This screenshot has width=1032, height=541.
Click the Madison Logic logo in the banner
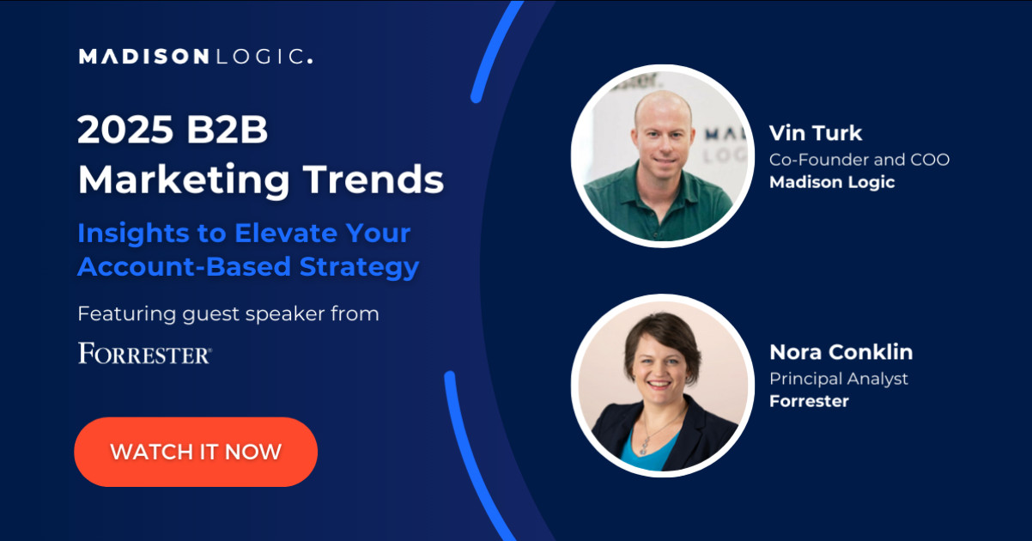pos(196,56)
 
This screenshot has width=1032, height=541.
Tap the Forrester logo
pos(144,353)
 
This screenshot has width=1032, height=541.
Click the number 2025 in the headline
pos(125,130)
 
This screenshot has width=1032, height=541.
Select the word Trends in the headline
pos(373,179)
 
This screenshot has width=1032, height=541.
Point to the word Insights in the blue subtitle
pos(133,234)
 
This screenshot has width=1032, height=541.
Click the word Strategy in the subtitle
pos(360,267)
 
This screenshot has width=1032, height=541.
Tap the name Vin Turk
pos(816,133)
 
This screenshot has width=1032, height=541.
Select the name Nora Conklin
pos(841,352)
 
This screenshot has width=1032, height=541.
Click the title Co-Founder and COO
pos(859,160)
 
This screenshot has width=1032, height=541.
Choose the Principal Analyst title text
pos(839,379)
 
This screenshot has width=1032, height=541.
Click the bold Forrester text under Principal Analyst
pos(809,401)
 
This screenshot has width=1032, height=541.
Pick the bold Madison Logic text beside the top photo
pos(832,183)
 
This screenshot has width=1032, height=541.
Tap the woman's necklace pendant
pos(646,446)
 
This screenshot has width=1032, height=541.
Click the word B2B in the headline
pos(227,130)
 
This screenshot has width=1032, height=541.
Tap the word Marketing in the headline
pos(184,180)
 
